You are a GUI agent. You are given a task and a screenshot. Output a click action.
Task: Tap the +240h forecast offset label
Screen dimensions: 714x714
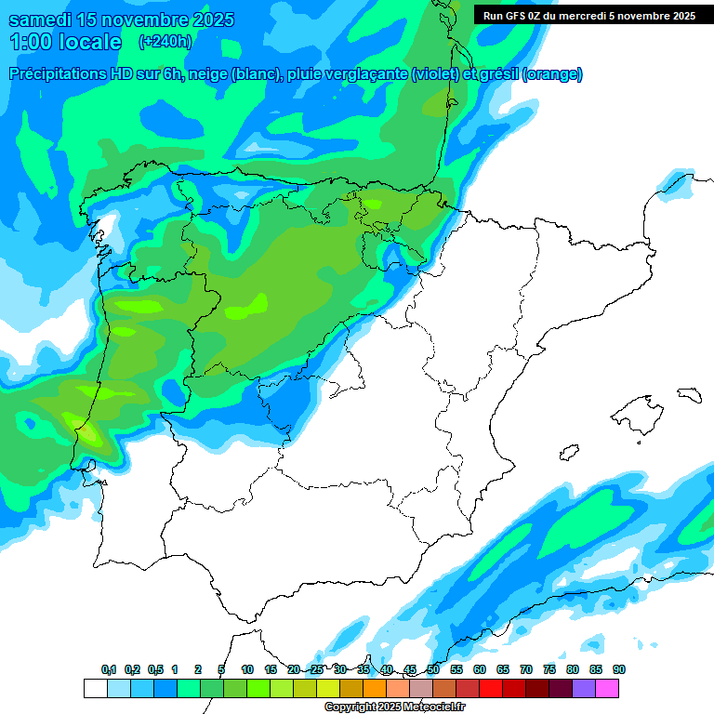[165, 42]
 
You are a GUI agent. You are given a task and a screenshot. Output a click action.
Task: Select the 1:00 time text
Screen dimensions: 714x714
[32, 42]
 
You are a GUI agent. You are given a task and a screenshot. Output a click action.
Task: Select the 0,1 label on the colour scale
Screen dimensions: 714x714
[109, 670]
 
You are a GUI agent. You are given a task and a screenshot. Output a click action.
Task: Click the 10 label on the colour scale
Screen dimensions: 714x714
[247, 670]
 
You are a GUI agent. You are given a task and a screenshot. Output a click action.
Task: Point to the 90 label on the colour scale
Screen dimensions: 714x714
[619, 670]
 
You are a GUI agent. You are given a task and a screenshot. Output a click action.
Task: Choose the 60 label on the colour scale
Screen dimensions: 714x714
[480, 670]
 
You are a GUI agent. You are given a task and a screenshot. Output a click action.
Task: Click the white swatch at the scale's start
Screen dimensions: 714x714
[95, 688]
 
